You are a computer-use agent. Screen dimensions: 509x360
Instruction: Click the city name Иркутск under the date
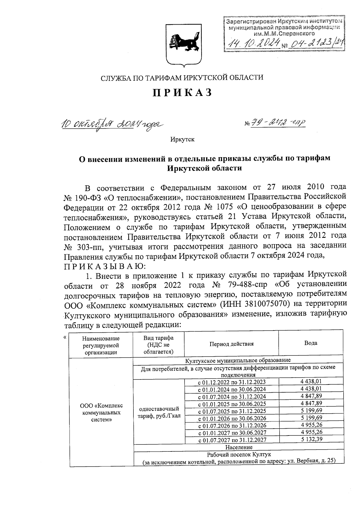click(182, 139)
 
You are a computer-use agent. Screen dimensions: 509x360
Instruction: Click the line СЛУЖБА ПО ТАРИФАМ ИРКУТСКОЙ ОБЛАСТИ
click(182, 78)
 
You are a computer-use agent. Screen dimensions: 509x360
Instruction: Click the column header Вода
click(310, 343)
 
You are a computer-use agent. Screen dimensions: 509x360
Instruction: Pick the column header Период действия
click(231, 344)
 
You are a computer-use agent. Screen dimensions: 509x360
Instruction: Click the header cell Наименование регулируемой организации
click(100, 346)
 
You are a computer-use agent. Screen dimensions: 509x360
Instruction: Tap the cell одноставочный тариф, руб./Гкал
click(159, 413)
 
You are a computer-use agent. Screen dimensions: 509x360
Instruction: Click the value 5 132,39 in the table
click(311, 440)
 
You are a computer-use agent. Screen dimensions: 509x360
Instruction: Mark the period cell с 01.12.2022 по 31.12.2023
click(232, 382)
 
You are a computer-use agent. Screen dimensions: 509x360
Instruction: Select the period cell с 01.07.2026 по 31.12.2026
click(232, 425)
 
